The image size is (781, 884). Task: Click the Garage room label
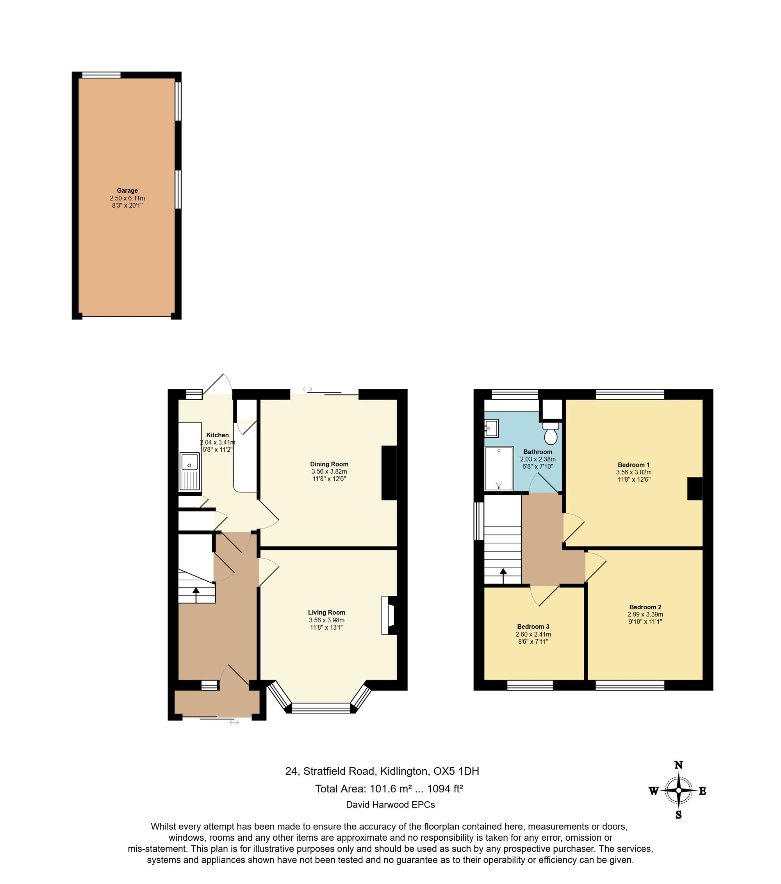pyautogui.click(x=127, y=190)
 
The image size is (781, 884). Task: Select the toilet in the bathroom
pyautogui.click(x=551, y=434)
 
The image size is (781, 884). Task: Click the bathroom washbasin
pyautogui.click(x=491, y=428)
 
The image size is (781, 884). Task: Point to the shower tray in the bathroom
pyautogui.click(x=499, y=469)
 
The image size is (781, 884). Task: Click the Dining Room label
pyautogui.click(x=329, y=464)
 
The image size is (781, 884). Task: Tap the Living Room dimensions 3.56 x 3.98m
pyautogui.click(x=326, y=620)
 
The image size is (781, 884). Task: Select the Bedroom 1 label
pyautogui.click(x=634, y=465)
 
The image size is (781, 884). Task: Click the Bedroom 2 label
pyautogui.click(x=645, y=607)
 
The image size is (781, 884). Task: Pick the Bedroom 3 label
pyautogui.click(x=533, y=627)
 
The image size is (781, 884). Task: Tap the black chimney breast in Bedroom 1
pyautogui.click(x=695, y=488)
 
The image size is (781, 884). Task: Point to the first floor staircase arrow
pyautogui.click(x=503, y=576)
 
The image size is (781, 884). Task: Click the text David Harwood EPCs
pyautogui.click(x=390, y=804)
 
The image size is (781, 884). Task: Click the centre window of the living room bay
pyautogui.click(x=321, y=708)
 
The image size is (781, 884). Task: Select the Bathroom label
pyautogui.click(x=538, y=452)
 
